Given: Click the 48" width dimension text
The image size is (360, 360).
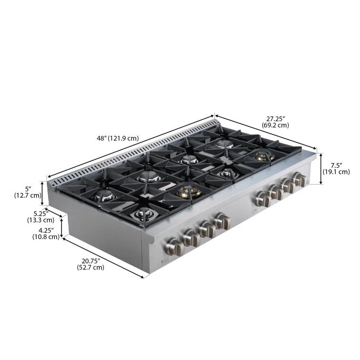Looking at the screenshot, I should pyautogui.click(x=101, y=138).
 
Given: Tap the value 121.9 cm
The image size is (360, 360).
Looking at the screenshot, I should pyautogui.click(x=123, y=138).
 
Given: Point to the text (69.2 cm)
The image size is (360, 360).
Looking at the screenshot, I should pyautogui.click(x=275, y=125).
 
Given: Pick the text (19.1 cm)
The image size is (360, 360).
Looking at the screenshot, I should pyautogui.click(x=336, y=172).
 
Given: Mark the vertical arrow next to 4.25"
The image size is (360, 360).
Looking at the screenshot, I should pyautogui.click(x=62, y=229).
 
